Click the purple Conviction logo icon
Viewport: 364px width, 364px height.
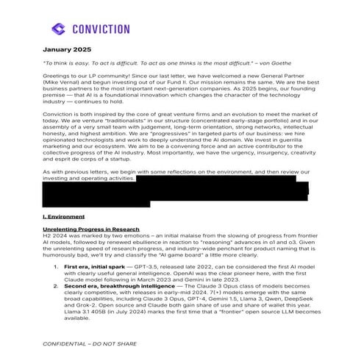tap(59, 29)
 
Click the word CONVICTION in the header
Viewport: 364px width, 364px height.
tap(102, 29)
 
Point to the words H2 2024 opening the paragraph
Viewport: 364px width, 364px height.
tap(55, 238)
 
